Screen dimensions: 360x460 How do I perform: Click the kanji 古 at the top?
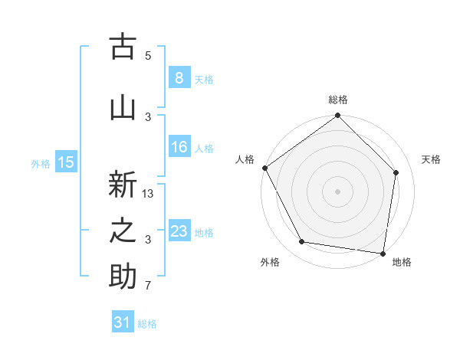(x=123, y=47)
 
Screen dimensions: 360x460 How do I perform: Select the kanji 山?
(x=123, y=108)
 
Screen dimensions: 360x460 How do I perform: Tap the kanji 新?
(x=123, y=186)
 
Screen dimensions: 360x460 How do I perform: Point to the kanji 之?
(x=123, y=231)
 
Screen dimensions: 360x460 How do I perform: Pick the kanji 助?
(x=123, y=277)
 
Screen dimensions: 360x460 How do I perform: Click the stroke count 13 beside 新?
(x=149, y=194)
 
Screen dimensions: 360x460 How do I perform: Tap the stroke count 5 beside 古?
(x=148, y=56)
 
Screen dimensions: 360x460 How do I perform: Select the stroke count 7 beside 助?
(x=148, y=286)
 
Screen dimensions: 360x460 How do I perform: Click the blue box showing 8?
(x=179, y=77)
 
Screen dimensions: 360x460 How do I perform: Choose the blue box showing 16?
(x=179, y=147)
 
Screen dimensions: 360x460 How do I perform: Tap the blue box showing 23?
(x=179, y=231)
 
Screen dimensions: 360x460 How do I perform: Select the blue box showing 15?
(x=65, y=162)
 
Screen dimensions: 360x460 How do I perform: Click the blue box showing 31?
(x=123, y=322)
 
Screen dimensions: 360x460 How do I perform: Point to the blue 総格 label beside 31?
(x=147, y=324)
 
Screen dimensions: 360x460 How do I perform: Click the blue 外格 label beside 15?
(x=41, y=163)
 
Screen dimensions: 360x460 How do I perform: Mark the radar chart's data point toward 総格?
(x=337, y=116)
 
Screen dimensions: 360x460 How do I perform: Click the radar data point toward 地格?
(x=383, y=253)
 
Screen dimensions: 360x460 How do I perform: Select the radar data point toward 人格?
(x=264, y=168)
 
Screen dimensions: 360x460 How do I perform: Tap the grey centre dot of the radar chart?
(x=337, y=191)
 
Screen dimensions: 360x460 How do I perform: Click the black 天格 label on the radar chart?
(x=432, y=159)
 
